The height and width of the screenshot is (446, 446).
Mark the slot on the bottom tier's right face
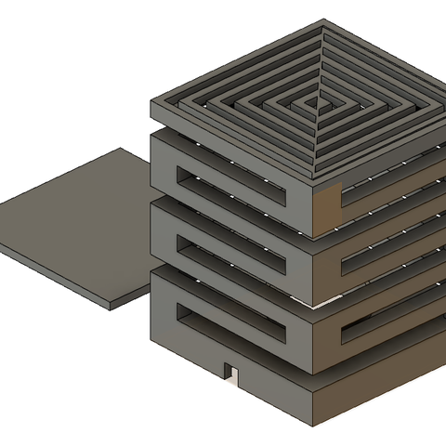coord(390,325)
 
